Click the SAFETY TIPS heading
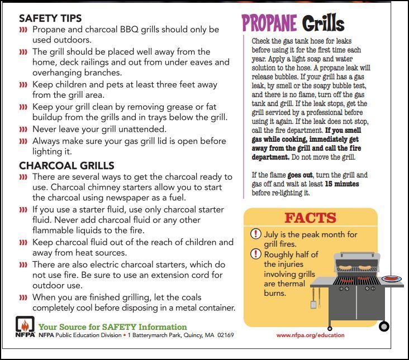50,18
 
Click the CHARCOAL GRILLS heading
66,166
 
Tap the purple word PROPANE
269,23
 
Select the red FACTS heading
311,218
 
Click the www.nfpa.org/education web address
310,335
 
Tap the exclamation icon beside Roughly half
255,254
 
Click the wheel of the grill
384,326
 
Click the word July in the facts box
273,234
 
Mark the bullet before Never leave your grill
23,129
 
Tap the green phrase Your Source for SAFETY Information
112,327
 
